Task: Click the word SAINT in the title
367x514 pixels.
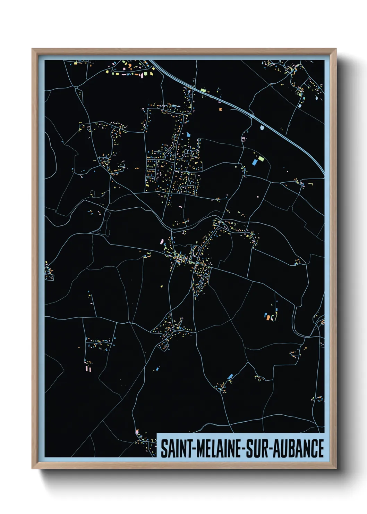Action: coord(176,448)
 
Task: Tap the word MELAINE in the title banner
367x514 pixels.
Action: coord(219,448)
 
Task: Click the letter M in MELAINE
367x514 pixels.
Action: coord(200,448)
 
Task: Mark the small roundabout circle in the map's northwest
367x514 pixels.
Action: coord(76,88)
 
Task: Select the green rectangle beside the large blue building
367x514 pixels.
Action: coord(261,159)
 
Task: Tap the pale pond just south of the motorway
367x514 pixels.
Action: coord(262,127)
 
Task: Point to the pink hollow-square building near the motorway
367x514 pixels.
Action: coord(243,139)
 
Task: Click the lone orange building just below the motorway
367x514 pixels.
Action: coord(220,109)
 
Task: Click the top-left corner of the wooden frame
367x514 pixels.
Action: coord(33,49)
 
